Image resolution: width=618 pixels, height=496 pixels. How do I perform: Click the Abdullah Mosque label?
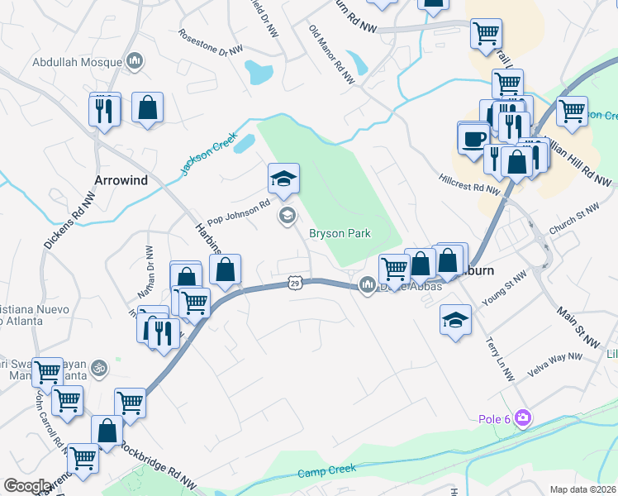pyautogui.click(x=78, y=61)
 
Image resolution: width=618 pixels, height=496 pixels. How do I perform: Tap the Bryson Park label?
pyautogui.click(x=340, y=234)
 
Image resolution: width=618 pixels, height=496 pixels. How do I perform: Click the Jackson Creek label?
pyautogui.click(x=210, y=151)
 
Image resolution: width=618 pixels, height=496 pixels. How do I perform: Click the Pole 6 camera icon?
pyautogui.click(x=522, y=417)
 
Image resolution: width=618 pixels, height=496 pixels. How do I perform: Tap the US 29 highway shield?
pyautogui.click(x=294, y=284)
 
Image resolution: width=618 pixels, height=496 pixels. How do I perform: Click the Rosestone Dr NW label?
pyautogui.click(x=212, y=43)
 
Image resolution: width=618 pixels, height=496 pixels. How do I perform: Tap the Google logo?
pyautogui.click(x=27, y=485)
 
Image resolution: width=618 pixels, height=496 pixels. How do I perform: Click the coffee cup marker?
pyautogui.click(x=474, y=137)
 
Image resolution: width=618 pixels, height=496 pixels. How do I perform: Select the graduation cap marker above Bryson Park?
pyautogui.click(x=283, y=179)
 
